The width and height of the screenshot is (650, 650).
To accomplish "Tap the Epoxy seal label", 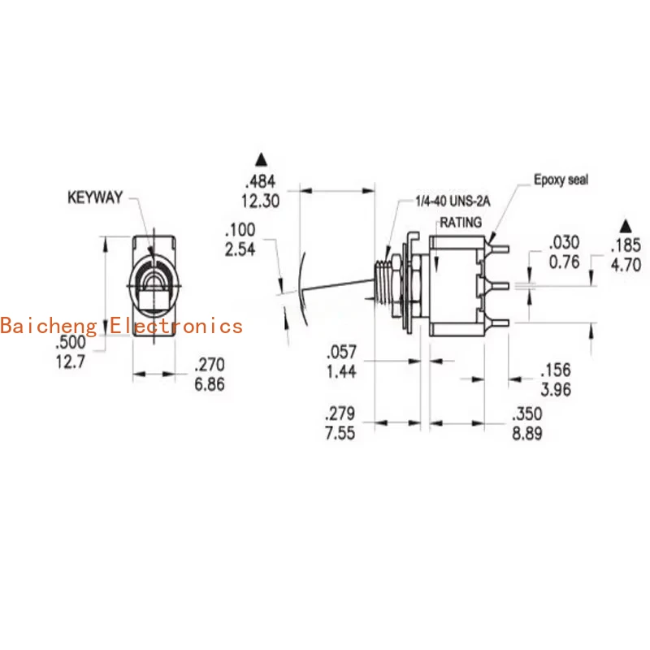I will point(561,180).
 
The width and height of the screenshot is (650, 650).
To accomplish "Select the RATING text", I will point(461,222).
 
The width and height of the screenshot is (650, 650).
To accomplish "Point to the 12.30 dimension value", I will point(260,201).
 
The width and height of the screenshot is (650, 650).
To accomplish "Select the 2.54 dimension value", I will point(240,249).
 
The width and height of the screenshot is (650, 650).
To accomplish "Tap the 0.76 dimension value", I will point(565,262).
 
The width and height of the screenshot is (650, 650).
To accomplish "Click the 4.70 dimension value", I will point(626,263).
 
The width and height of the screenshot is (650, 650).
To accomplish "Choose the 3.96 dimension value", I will point(557,389).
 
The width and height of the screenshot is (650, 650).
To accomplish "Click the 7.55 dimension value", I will point(340,432).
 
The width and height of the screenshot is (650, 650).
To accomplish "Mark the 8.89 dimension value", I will point(527,433).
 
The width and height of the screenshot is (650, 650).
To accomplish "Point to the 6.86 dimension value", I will point(209,383).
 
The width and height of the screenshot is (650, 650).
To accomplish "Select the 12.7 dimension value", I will point(71,363).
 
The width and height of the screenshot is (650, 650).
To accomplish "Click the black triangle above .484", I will point(260,158).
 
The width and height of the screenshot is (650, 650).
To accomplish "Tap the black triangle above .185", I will point(626,223).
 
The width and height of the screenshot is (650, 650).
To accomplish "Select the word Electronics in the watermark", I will point(176,326).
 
